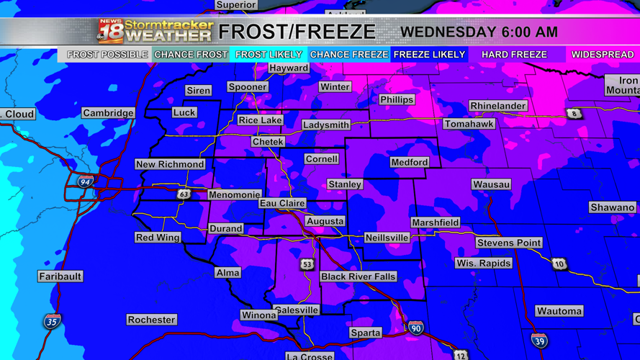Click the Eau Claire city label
pos(282,204)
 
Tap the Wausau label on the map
pos(492,184)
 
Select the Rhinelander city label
pos(497,106)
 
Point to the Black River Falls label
pos(358,276)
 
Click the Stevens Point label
pos(508,243)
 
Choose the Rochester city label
pos(151,320)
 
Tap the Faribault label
pos(60,276)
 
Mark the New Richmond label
pos(170,164)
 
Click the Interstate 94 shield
pos(86,181)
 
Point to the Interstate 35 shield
pos(51,320)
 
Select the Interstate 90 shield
pos(415,328)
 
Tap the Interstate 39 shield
pos(539,340)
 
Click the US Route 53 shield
pos(307,265)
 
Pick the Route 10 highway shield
pos(559,264)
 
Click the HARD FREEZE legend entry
pos(514,55)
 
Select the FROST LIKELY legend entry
pos(269,55)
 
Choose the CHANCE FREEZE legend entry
pos(349,55)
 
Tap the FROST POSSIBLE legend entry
pos(107,55)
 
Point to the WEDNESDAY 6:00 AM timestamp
pos(479,32)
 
